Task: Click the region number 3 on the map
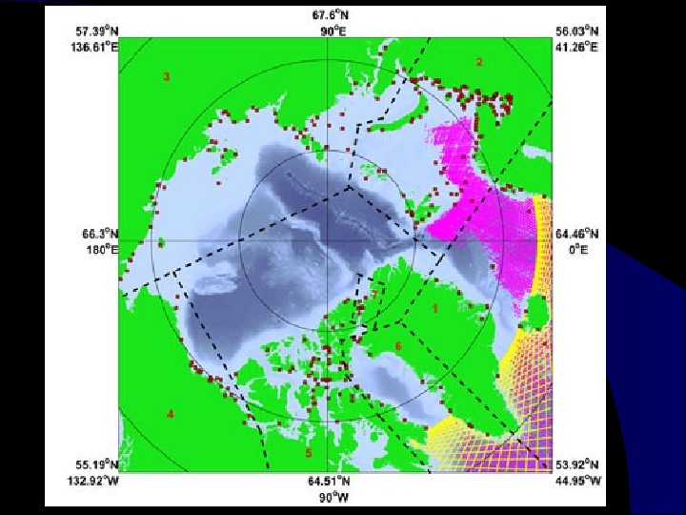point(167,76)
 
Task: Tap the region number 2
point(479,62)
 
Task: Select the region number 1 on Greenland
point(434,308)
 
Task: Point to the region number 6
point(398,345)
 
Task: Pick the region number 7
point(374,296)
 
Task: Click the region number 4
point(171,413)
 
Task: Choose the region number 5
point(308,452)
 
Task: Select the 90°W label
point(337,496)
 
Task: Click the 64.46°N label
point(577,234)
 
